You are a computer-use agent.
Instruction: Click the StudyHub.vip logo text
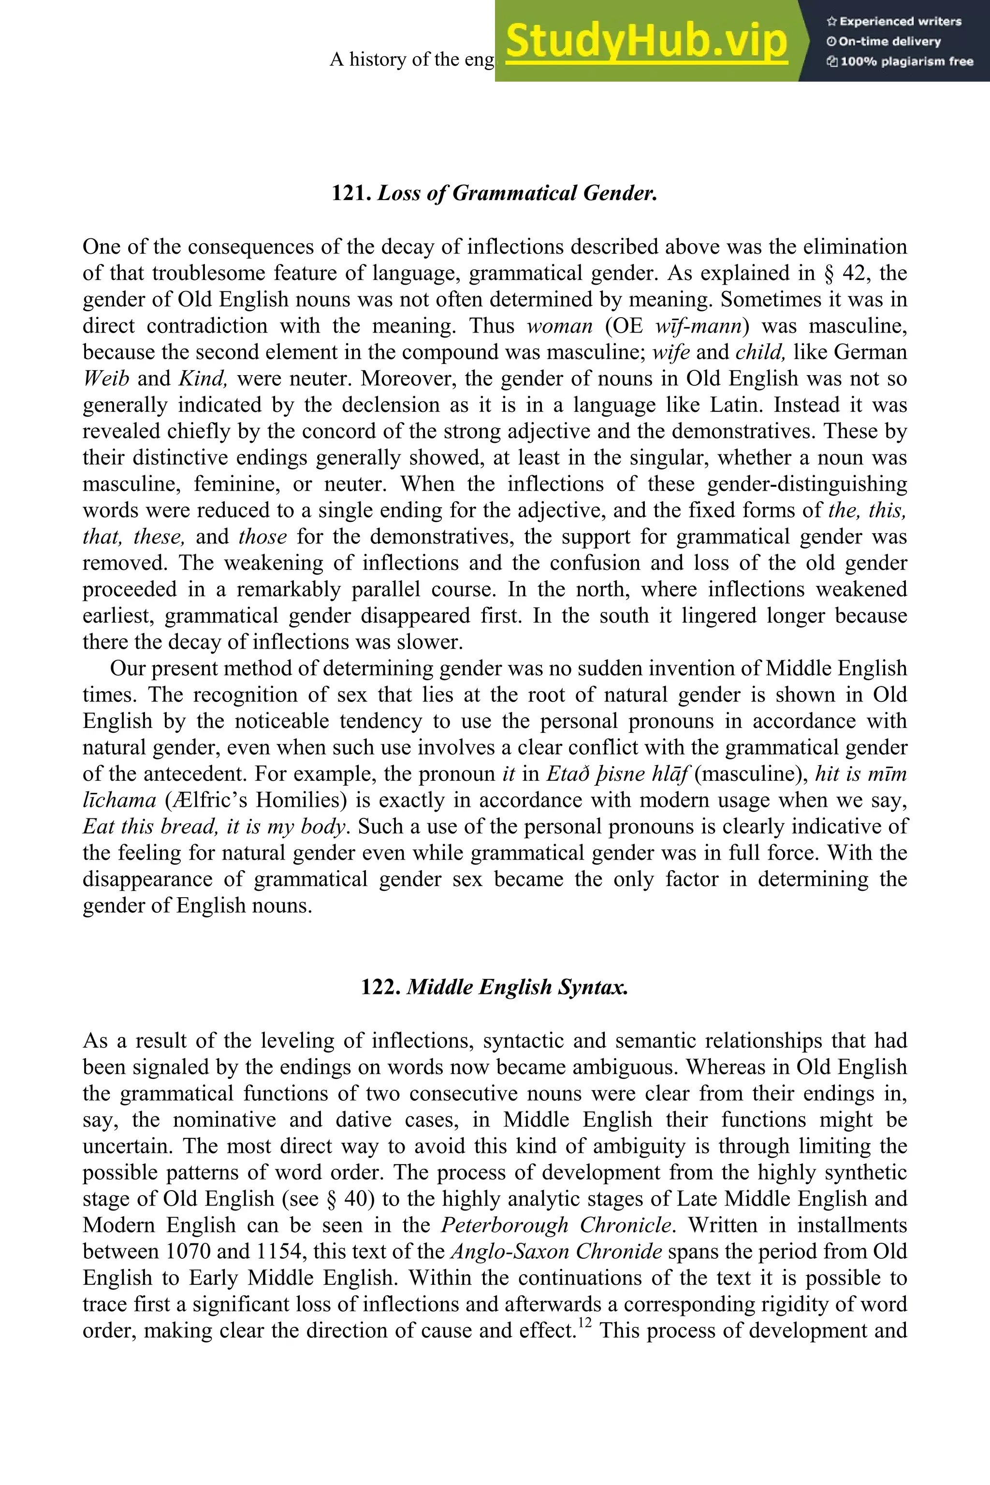646,42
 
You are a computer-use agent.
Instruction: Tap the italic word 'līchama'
119,800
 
